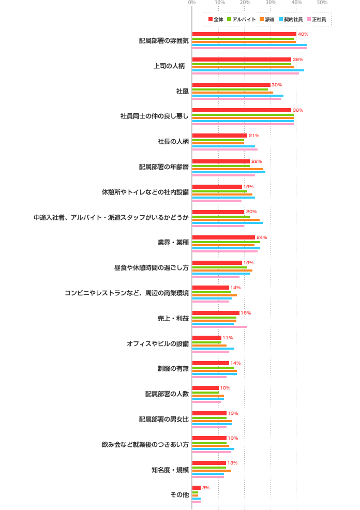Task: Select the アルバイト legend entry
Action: pos(242,19)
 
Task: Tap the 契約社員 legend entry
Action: pos(290,19)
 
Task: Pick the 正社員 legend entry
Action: pos(316,19)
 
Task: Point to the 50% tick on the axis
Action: pos(322,3)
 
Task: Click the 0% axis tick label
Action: pos(192,3)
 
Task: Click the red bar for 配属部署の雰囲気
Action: pos(244,34)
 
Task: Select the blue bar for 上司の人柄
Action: pos(248,70)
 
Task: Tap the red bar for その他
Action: pos(197,488)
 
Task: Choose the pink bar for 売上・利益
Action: pos(220,327)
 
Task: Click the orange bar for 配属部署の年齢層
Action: pos(228,169)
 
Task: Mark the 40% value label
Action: pos(303,34)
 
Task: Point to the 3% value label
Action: pos(206,488)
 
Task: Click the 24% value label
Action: pos(262,237)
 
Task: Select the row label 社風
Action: pos(183,91)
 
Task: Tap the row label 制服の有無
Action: pos(173,369)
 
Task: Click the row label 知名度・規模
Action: pos(170,470)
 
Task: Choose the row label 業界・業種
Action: pos(173,243)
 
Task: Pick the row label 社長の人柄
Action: pos(173,142)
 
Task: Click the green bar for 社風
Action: pos(230,89)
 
